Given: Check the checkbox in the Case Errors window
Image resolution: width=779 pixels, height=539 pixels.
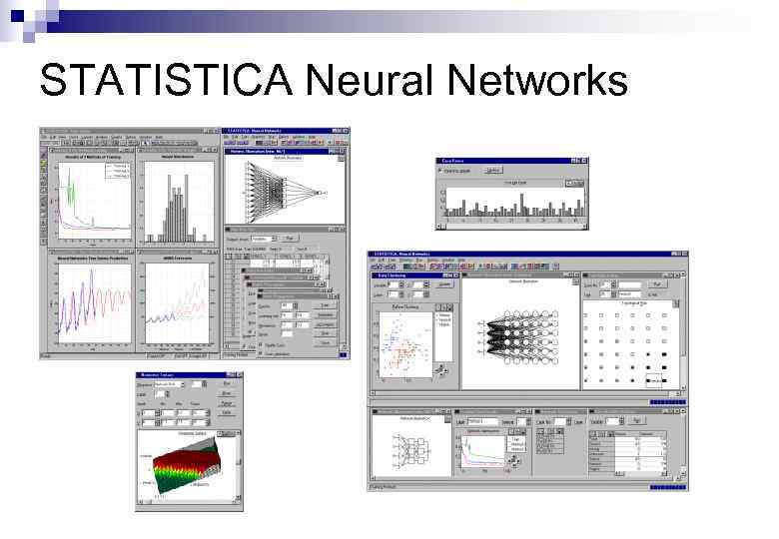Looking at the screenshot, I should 442,171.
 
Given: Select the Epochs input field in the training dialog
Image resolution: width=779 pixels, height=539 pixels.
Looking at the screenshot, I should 287,305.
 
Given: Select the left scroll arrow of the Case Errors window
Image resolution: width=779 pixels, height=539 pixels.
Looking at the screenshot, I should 442,221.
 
